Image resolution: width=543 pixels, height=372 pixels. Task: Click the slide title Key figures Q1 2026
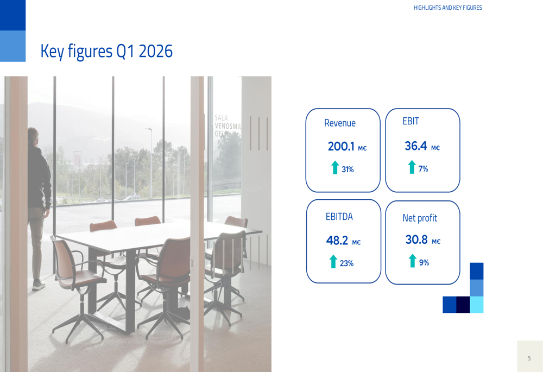pos(106,52)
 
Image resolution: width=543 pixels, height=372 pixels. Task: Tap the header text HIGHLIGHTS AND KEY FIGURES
pos(447,8)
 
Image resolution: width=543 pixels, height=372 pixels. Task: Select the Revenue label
pos(340,123)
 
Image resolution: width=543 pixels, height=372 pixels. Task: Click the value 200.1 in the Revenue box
pos(341,146)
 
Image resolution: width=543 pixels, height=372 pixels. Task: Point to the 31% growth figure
pos(348,169)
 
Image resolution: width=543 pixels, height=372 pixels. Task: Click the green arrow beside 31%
pos(335,167)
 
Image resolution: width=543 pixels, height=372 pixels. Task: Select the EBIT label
pos(411,122)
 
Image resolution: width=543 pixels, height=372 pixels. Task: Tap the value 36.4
pos(416,146)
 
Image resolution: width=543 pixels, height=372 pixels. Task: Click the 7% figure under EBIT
pos(423,169)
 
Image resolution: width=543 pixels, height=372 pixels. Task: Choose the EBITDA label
pos(339,217)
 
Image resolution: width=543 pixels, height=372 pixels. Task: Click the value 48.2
pos(337,241)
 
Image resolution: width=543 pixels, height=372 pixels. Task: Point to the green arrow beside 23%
pos(333,262)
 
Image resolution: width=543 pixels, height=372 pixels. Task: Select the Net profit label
pos(419,218)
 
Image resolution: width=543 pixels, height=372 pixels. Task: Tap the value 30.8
pos(416,239)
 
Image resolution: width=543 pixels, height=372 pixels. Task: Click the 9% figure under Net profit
pos(424,263)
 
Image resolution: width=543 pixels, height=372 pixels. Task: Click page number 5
pos(529,358)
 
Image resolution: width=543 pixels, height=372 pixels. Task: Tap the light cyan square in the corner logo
pos(476,305)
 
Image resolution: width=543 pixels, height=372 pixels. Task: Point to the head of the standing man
pos(34,136)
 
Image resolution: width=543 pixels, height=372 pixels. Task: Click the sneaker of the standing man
pos(38,285)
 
